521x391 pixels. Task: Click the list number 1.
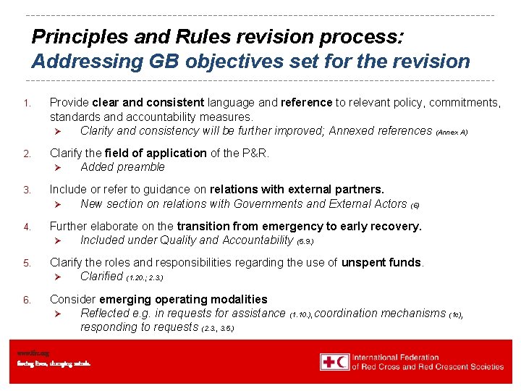[x=26, y=104]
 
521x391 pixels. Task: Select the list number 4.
[x=26, y=227]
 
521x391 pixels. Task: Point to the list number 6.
[x=26, y=300]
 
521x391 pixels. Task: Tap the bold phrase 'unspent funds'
[x=382, y=262]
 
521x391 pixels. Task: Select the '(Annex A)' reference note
[x=452, y=132]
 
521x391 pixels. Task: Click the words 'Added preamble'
[x=122, y=167]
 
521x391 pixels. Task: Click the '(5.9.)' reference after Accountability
[x=305, y=240]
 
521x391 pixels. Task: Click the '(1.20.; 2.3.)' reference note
[x=144, y=277]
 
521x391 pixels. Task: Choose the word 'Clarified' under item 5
[x=101, y=276]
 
